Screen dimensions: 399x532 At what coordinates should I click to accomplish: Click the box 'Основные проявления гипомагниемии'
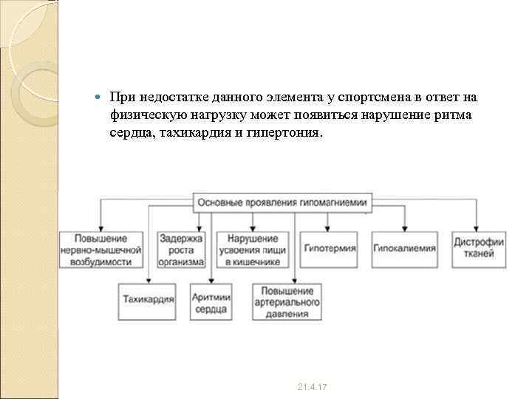[284, 202]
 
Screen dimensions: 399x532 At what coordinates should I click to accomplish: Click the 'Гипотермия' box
[329, 249]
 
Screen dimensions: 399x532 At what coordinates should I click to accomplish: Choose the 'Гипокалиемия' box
[404, 249]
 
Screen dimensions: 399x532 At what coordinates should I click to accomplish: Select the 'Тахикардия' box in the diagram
[148, 300]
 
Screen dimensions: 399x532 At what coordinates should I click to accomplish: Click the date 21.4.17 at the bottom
[313, 387]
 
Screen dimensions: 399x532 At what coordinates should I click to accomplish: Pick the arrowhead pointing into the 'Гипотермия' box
[327, 228]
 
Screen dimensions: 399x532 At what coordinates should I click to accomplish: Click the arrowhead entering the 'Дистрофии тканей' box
[479, 228]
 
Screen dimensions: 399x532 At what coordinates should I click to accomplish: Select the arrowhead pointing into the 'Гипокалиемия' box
[404, 228]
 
